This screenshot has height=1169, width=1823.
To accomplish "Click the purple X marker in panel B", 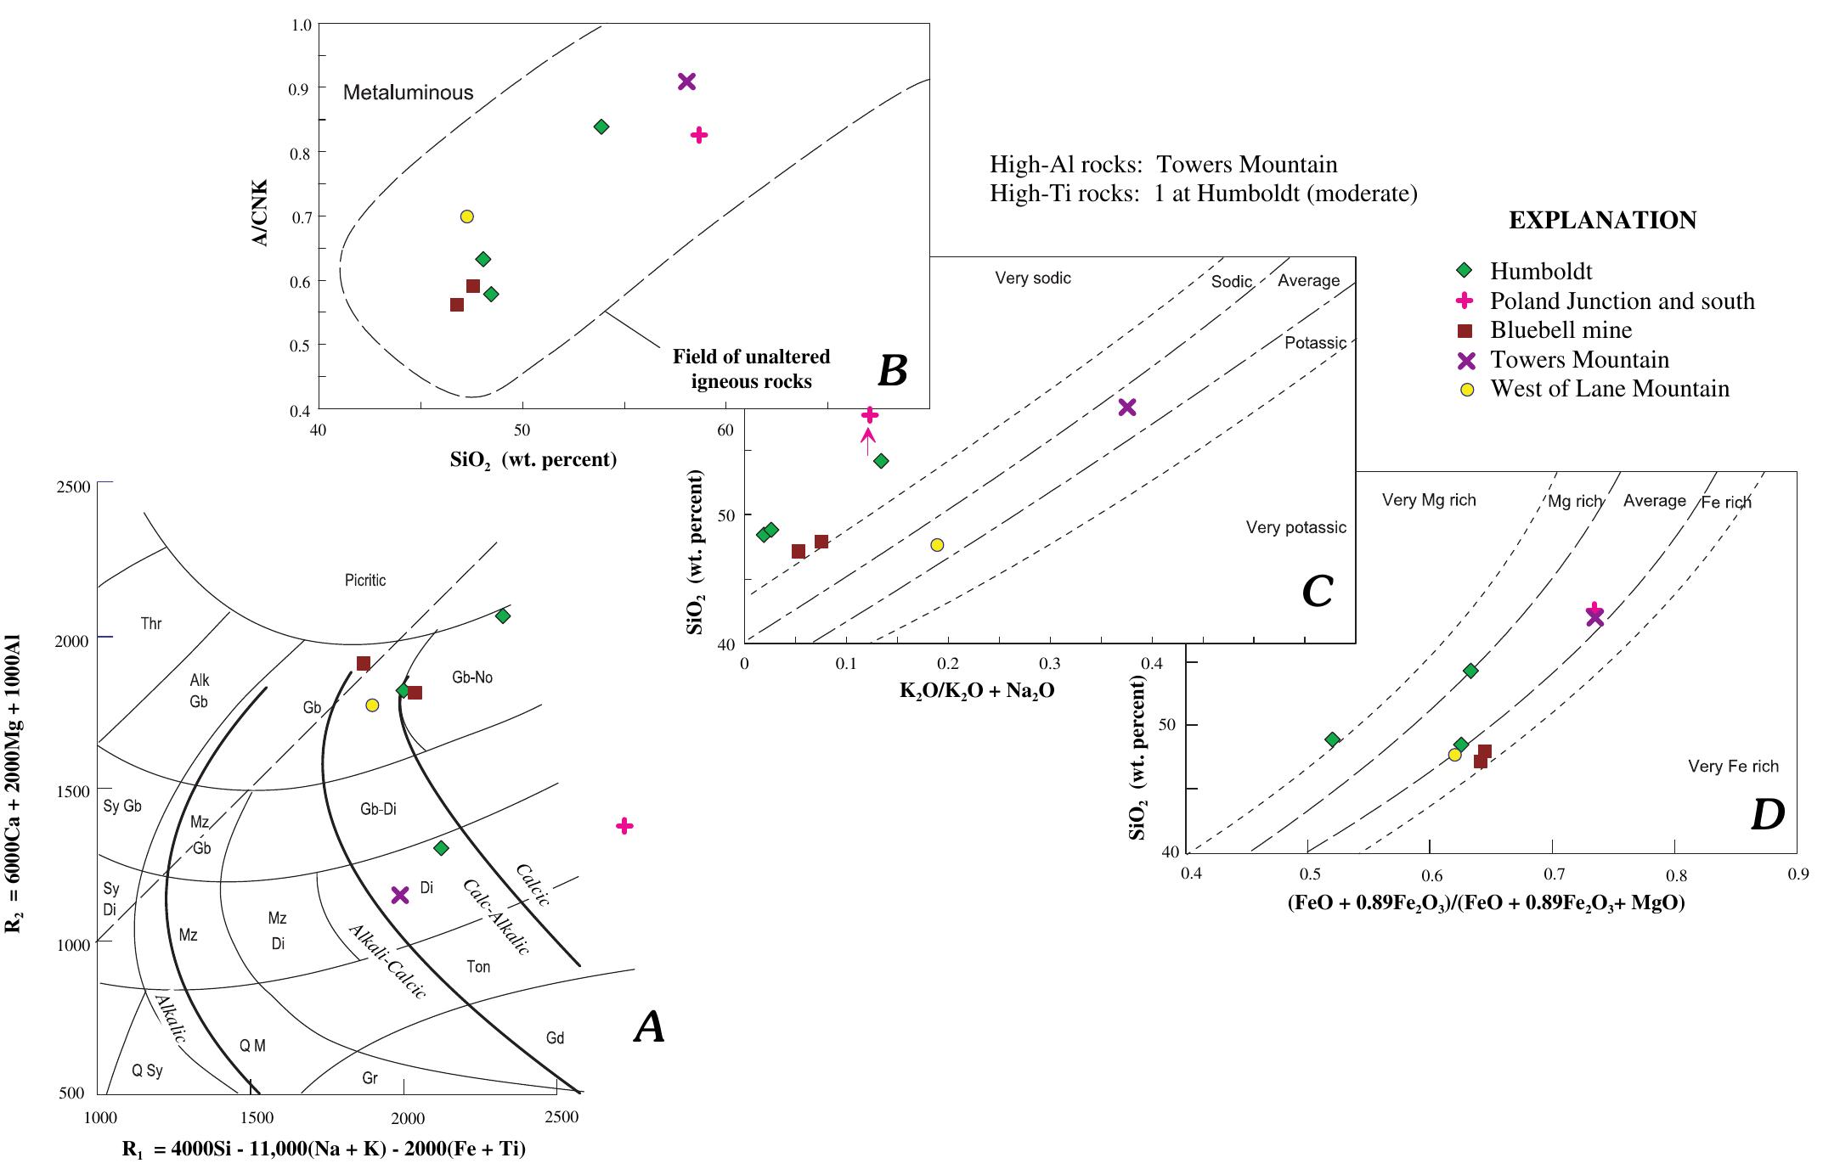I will pyautogui.click(x=686, y=81).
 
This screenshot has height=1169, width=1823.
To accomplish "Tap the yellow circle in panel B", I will pyautogui.click(x=466, y=216).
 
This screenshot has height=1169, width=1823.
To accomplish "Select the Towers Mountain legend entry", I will pyautogui.click(x=1579, y=360).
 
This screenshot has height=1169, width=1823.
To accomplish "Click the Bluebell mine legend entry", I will pyautogui.click(x=1561, y=330).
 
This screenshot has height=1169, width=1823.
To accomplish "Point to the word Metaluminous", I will pyautogui.click(x=408, y=93).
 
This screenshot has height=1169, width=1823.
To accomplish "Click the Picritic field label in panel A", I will pyautogui.click(x=365, y=581).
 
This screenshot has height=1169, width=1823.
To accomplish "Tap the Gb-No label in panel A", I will pyautogui.click(x=472, y=677).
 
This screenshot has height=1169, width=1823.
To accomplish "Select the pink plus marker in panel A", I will pyautogui.click(x=624, y=826).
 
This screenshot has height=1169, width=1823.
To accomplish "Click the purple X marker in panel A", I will pyautogui.click(x=400, y=895).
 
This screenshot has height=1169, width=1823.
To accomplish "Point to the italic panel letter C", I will pyautogui.click(x=1317, y=592).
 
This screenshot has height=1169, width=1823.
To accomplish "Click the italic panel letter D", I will pyautogui.click(x=1768, y=815).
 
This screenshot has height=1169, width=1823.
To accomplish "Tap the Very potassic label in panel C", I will pyautogui.click(x=1295, y=528).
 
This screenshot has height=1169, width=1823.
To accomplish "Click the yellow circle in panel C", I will pyautogui.click(x=937, y=545).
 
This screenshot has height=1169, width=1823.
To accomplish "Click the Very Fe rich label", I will pyautogui.click(x=1733, y=767).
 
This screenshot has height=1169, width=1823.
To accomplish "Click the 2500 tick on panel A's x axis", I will pyautogui.click(x=562, y=1118).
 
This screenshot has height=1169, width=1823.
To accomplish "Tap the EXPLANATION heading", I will pyautogui.click(x=1602, y=221).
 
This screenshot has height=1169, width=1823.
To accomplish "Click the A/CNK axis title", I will pyautogui.click(x=261, y=213).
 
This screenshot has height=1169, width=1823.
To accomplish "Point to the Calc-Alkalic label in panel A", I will pyautogui.click(x=496, y=917).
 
